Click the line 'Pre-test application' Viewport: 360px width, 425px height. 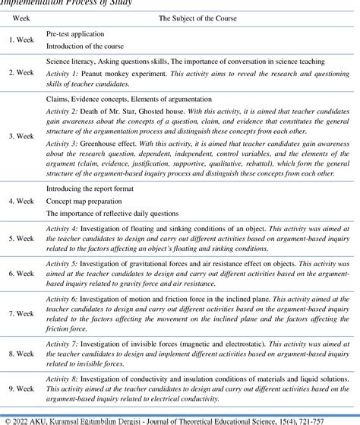pos(77,35)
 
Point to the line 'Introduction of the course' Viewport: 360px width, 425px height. pos(90,47)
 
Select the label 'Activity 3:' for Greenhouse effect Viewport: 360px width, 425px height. pos(62,142)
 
